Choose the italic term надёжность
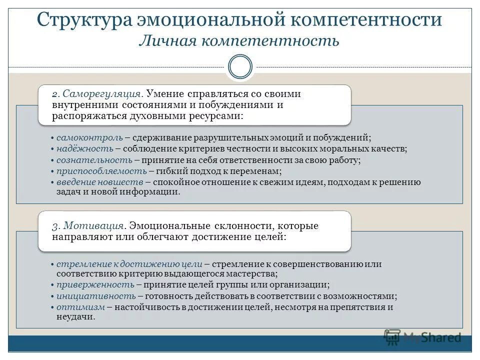point(84,148)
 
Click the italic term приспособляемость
point(101,171)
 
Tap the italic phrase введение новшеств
point(100,182)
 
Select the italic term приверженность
point(95,284)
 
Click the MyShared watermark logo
point(422,337)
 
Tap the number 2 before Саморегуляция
point(55,94)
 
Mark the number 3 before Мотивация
point(55,226)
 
